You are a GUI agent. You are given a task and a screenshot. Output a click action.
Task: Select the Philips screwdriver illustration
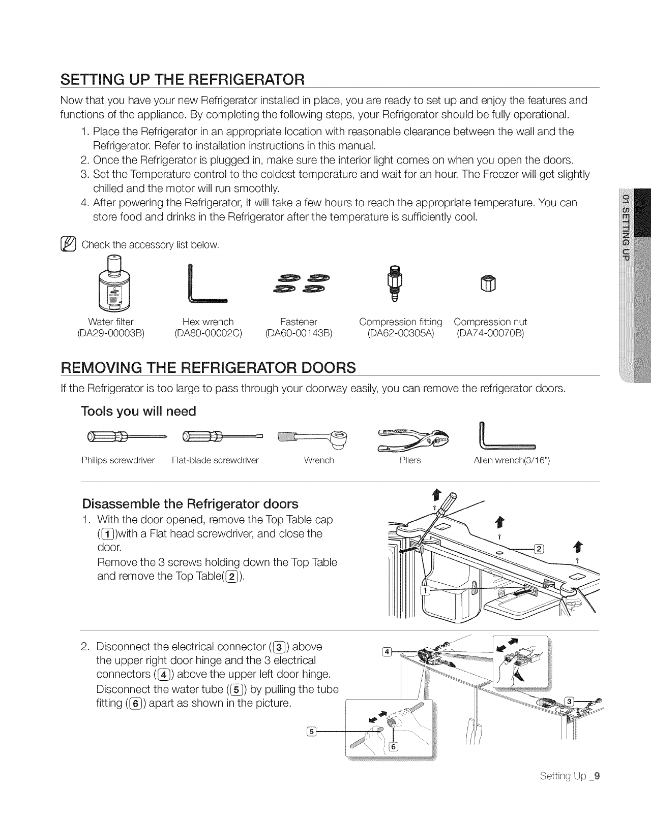click(124, 436)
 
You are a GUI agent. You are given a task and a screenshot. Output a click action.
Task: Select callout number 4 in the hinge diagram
click(387, 651)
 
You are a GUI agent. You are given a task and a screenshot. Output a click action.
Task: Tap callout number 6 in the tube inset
click(393, 746)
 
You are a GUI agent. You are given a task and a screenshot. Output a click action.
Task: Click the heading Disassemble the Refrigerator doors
click(190, 504)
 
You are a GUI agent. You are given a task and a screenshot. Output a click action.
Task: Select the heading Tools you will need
click(138, 411)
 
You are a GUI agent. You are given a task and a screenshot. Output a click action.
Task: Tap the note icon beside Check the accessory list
click(68, 245)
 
